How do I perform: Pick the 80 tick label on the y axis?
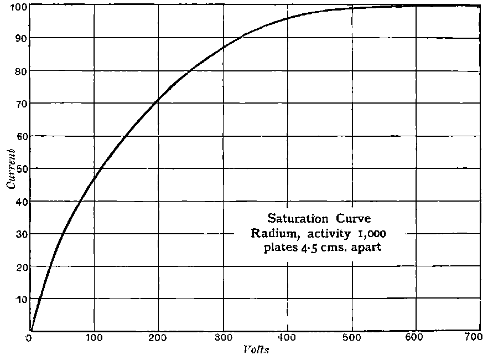20,71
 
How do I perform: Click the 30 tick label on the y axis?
20,234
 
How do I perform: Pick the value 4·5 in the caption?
310,247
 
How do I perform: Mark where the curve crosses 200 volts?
159,100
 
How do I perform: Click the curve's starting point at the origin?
31,331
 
